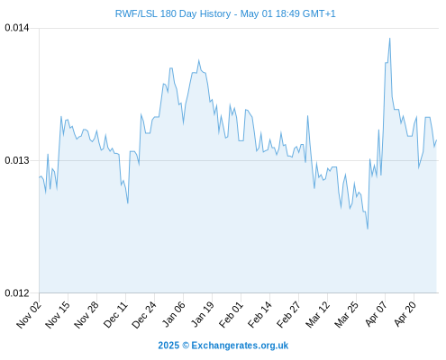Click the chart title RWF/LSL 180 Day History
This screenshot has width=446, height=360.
pos(173,13)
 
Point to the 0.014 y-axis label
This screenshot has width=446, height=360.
pos(17,28)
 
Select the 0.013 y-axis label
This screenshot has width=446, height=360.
pos(17,160)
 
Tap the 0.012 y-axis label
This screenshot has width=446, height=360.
pos(17,292)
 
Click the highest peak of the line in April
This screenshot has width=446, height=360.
pos(390,38)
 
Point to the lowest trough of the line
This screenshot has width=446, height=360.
pos(368,229)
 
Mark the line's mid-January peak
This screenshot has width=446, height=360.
pos(199,60)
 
